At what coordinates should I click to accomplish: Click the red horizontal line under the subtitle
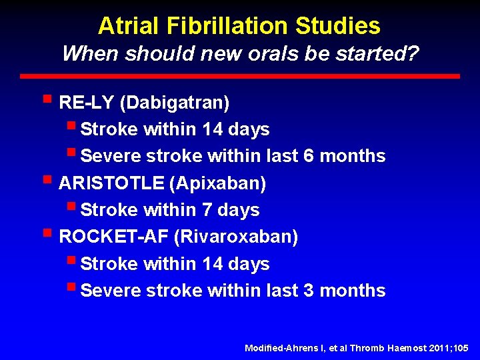(239, 77)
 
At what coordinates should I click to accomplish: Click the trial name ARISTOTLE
(109, 183)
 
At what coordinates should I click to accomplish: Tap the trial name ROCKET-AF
(113, 237)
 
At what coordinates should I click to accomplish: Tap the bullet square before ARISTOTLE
(46, 180)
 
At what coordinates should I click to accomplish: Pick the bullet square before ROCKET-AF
(46, 234)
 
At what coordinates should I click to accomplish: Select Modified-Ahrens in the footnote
(273, 348)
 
